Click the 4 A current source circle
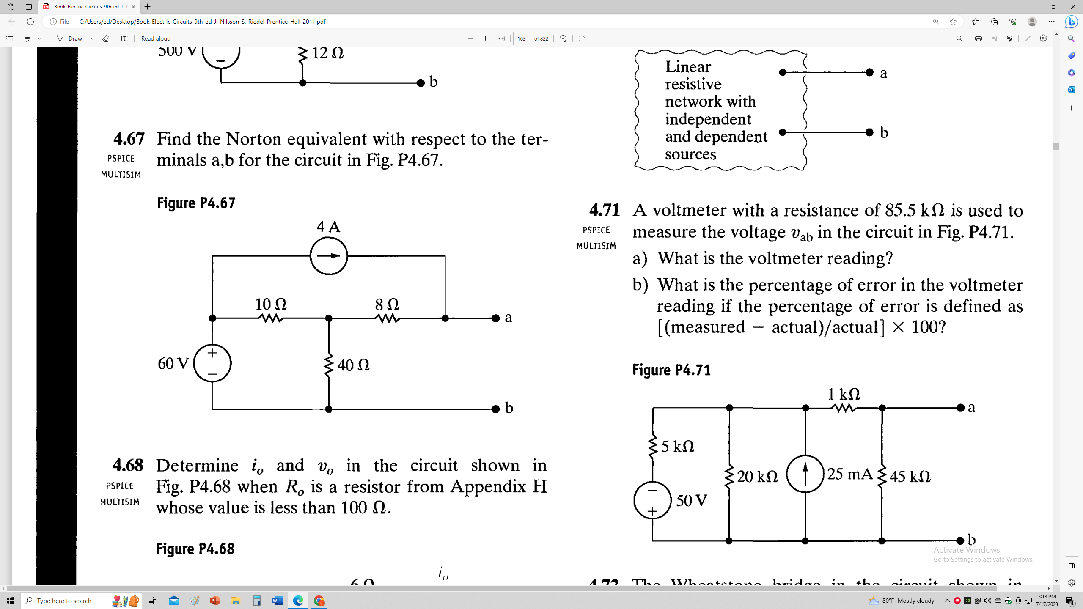tap(329, 256)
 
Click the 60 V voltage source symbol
tap(212, 363)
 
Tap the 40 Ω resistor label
tap(353, 365)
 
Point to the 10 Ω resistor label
tap(271, 304)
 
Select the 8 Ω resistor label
tap(387, 304)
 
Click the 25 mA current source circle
tap(805, 474)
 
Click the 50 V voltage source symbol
tap(652, 500)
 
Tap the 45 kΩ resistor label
tap(910, 477)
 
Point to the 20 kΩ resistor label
tap(757, 477)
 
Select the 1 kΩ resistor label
tap(844, 394)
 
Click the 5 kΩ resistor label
tap(678, 447)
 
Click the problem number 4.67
tap(129, 139)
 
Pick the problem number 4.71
tap(605, 210)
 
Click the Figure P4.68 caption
tap(195, 549)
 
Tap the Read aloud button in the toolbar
tap(156, 38)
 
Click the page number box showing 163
tap(521, 38)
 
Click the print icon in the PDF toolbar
tap(978, 38)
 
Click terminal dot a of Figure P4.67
tap(496, 318)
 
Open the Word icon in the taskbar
tap(278, 601)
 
